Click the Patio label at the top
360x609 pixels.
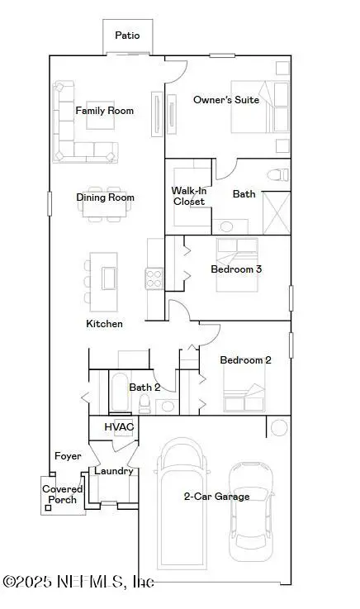pyautogui.click(x=126, y=36)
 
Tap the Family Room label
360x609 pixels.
pyautogui.click(x=104, y=111)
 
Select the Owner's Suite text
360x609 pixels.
pyautogui.click(x=225, y=100)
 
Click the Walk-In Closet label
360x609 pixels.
pyautogui.click(x=187, y=196)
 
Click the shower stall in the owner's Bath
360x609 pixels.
pyautogui.click(x=277, y=212)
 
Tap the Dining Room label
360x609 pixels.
pyautogui.click(x=105, y=197)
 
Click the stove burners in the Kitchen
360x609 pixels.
pyautogui.click(x=154, y=278)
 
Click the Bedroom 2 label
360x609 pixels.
pyautogui.click(x=245, y=360)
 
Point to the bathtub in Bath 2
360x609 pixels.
pyautogui.click(x=118, y=392)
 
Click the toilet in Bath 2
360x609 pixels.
pyautogui.click(x=145, y=402)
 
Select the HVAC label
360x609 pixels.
pyautogui.click(x=118, y=426)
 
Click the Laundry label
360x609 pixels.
pyautogui.click(x=114, y=471)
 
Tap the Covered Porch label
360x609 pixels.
pyautogui.click(x=63, y=494)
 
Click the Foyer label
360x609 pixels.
pyautogui.click(x=67, y=456)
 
